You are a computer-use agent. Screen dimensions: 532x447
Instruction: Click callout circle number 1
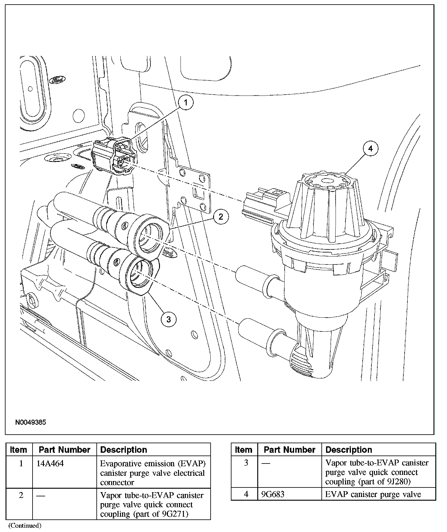click(185, 103)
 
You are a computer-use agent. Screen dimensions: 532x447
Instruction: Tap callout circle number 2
click(220, 217)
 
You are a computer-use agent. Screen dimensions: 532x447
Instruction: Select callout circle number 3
click(169, 319)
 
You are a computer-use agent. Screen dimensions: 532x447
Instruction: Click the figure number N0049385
click(31, 422)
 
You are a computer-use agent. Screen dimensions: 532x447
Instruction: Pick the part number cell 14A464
click(50, 464)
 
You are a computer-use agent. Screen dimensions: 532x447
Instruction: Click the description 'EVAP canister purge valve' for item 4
click(373, 494)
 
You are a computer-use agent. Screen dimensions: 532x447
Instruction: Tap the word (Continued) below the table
click(25, 526)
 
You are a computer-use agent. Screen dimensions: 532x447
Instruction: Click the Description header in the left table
click(124, 450)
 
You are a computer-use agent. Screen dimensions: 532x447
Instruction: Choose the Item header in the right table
click(243, 450)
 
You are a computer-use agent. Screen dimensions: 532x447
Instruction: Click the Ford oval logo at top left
click(57, 80)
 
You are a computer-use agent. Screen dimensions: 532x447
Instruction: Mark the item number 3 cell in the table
click(246, 463)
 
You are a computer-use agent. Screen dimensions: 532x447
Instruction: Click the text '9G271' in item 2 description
click(174, 514)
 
